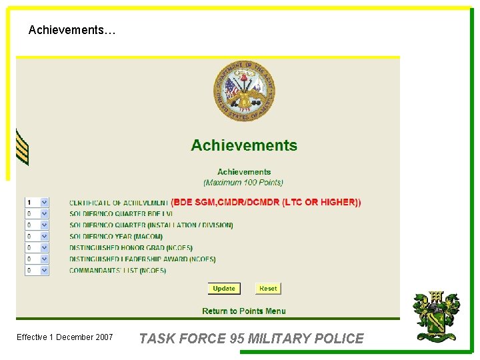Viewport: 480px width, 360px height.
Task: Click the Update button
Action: [223, 289]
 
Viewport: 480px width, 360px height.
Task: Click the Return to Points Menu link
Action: [244, 311]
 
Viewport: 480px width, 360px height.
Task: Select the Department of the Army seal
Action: [243, 91]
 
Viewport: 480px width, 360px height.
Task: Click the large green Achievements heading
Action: [244, 145]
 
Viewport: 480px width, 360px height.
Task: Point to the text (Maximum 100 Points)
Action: [243, 182]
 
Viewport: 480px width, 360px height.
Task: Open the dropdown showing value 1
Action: [37, 202]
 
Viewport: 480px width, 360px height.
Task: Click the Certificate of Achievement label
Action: [118, 203]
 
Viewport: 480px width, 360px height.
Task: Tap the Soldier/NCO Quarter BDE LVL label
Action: [121, 214]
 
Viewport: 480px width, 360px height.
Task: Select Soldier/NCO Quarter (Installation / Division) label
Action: [151, 225]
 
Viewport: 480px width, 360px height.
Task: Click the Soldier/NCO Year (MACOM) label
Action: [115, 237]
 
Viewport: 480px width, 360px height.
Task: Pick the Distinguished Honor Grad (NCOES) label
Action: [131, 248]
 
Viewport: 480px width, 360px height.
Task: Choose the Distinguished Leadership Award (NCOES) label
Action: [142, 259]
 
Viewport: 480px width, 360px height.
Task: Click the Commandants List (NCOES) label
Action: [117, 271]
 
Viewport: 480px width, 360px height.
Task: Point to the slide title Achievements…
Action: [72, 30]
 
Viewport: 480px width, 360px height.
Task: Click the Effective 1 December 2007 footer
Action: [65, 337]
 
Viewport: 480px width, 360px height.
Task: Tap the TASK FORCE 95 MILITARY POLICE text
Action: [251, 339]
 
